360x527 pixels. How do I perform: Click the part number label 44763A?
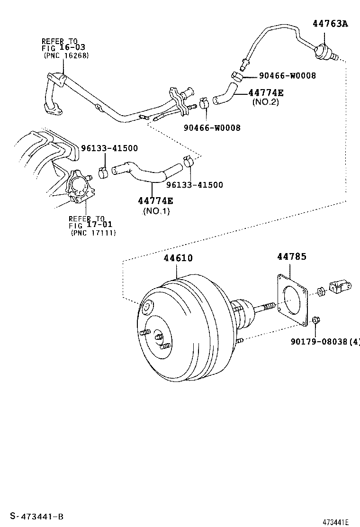pos(330,23)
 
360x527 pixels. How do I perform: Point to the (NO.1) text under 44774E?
pos(156,211)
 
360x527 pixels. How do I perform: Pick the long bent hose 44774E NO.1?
pos(147,173)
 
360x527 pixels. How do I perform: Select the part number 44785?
pos(291,256)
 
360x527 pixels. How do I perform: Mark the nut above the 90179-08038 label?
pos(316,322)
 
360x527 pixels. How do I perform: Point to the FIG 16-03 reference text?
pos(64,48)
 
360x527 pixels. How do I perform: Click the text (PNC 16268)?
pos(66,55)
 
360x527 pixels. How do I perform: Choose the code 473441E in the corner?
pos(335,522)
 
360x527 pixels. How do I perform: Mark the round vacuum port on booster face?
pos(146,308)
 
